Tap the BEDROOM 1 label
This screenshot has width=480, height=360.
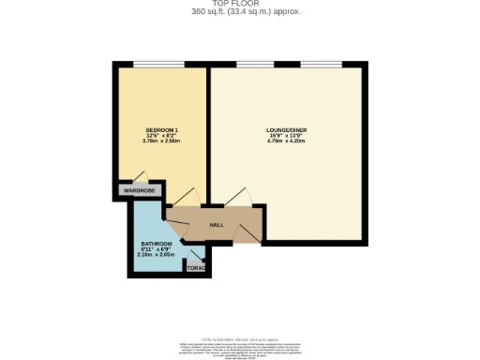tap(161, 127)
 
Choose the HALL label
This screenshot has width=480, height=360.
tap(216, 225)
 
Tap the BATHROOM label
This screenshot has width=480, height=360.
tap(150, 244)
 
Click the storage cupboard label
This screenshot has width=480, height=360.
tap(196, 268)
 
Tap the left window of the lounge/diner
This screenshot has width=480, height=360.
tap(252, 65)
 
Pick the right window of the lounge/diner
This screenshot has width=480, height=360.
tap(320, 65)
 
